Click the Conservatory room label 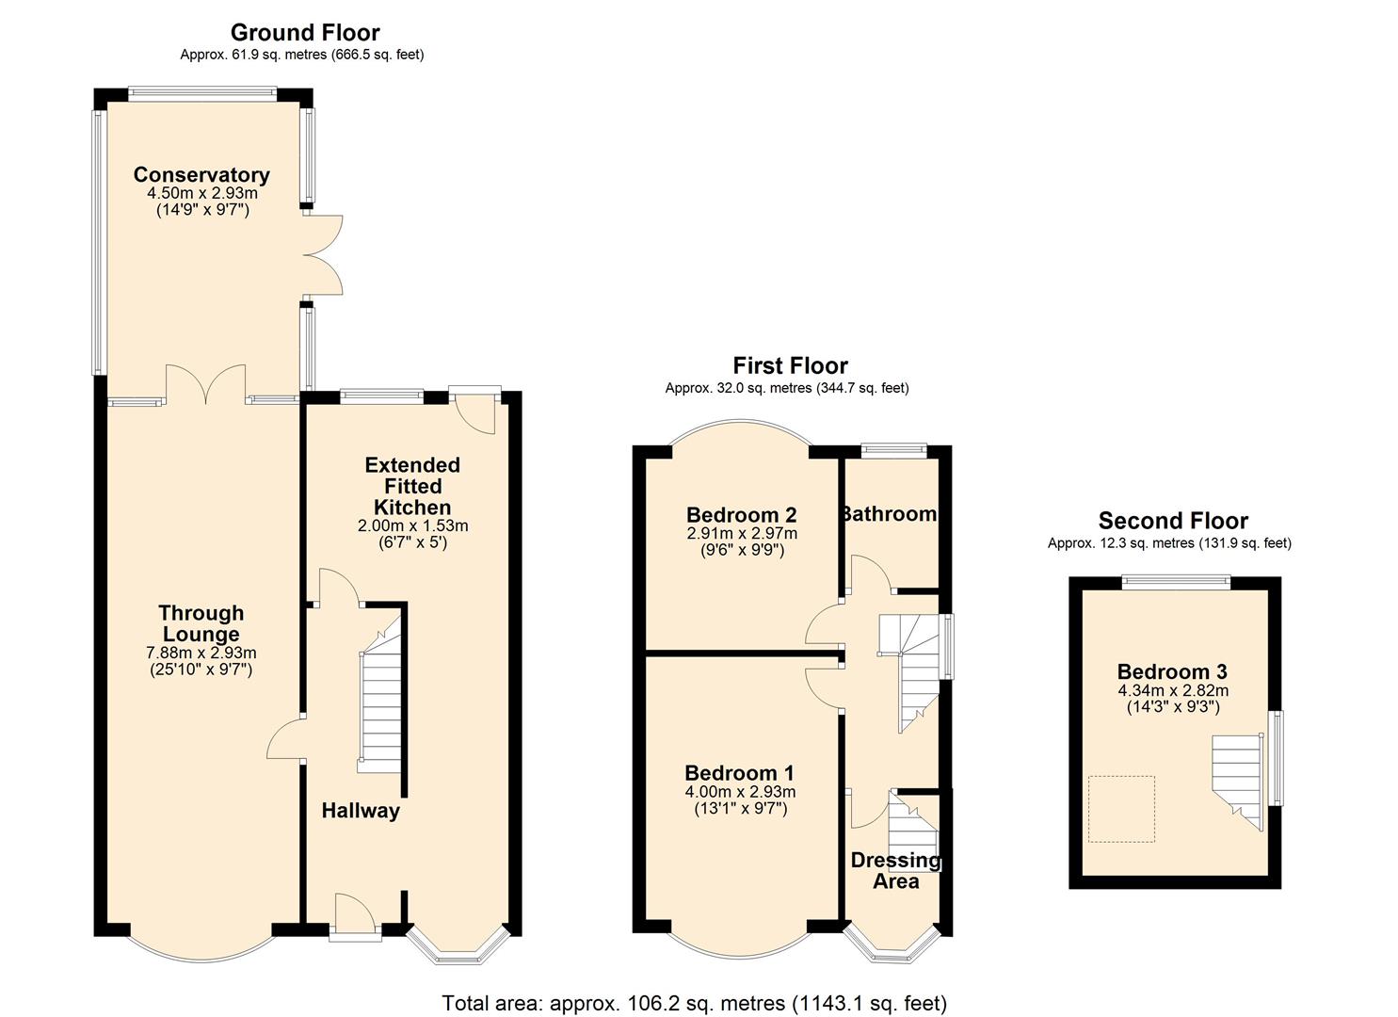[201, 175]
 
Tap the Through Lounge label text [201, 623]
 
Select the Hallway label [361, 811]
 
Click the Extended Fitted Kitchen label [412, 486]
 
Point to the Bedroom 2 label [742, 515]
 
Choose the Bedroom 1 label [740, 773]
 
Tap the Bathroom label [888, 514]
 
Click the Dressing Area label [896, 871]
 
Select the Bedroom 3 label [1172, 671]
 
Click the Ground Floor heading [305, 32]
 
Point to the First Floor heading [791, 365]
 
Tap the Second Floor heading [1173, 520]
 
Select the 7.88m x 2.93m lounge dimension [201, 653]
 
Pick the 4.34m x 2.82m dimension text [1173, 690]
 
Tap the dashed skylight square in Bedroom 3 [1121, 809]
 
